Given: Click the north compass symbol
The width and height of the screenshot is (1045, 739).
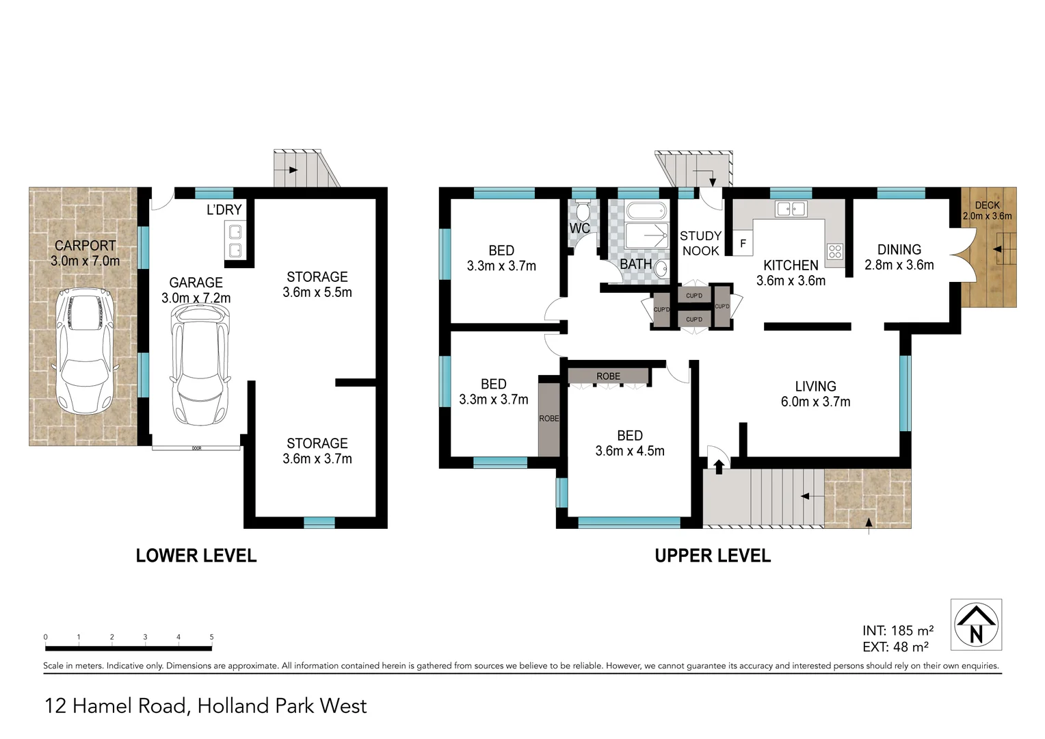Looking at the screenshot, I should (x=976, y=625).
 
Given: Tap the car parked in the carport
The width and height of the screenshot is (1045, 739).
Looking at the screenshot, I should (x=84, y=350).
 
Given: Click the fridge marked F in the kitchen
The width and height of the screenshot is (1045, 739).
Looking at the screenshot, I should (x=743, y=244).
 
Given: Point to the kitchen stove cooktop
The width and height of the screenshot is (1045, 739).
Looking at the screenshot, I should (x=834, y=251).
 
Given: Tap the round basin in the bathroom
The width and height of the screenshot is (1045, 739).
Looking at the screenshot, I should (x=661, y=270).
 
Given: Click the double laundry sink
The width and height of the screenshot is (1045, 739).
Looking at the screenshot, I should (x=235, y=241).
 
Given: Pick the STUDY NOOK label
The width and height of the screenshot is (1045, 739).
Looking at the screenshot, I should (x=700, y=244).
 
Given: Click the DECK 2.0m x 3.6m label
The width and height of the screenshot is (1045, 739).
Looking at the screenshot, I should (x=987, y=211).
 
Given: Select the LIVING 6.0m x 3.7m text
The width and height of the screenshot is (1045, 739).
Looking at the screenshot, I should (x=815, y=394).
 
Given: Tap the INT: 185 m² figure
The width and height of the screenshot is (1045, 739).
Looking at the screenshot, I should (x=898, y=630).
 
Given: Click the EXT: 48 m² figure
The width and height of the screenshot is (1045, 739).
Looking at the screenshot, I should (x=895, y=647).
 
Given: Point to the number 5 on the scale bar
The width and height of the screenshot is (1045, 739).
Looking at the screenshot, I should (x=211, y=637).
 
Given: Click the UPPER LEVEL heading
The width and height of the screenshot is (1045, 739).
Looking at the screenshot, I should (x=713, y=556).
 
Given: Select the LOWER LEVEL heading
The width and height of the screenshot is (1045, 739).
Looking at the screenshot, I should (x=196, y=556).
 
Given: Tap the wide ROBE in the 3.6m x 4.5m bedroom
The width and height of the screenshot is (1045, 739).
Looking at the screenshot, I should (x=608, y=376).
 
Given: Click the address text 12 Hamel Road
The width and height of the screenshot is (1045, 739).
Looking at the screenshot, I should (x=116, y=705).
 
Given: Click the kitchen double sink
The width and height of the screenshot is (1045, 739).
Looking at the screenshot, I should (x=790, y=209).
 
